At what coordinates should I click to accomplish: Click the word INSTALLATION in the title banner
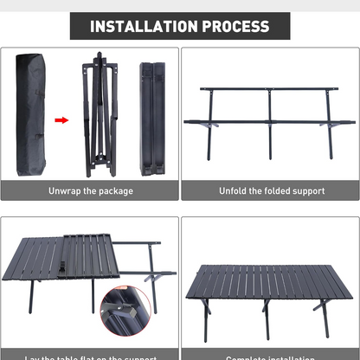144,26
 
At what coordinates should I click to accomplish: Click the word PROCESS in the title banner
235,26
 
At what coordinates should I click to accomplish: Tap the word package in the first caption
115,190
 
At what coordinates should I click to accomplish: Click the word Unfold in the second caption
235,190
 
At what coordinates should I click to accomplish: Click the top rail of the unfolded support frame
268,88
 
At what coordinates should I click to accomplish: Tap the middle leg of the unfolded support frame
270,130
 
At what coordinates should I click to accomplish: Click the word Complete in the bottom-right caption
247,357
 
